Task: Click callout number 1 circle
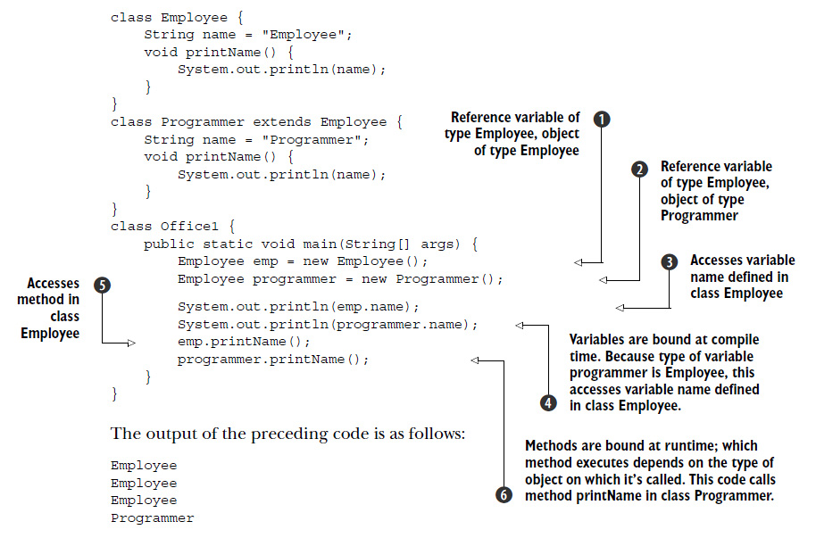(602, 120)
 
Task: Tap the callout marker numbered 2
(639, 170)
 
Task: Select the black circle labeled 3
(670, 261)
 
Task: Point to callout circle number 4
(548, 402)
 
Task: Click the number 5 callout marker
(102, 286)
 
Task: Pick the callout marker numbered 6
(504, 495)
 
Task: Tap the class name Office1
(189, 227)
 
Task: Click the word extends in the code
(282, 121)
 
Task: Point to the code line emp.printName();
(244, 342)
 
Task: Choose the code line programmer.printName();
(273, 360)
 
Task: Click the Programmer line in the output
(152, 518)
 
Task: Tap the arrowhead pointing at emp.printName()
(131, 343)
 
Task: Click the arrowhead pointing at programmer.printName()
(475, 360)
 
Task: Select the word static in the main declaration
(228, 244)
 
